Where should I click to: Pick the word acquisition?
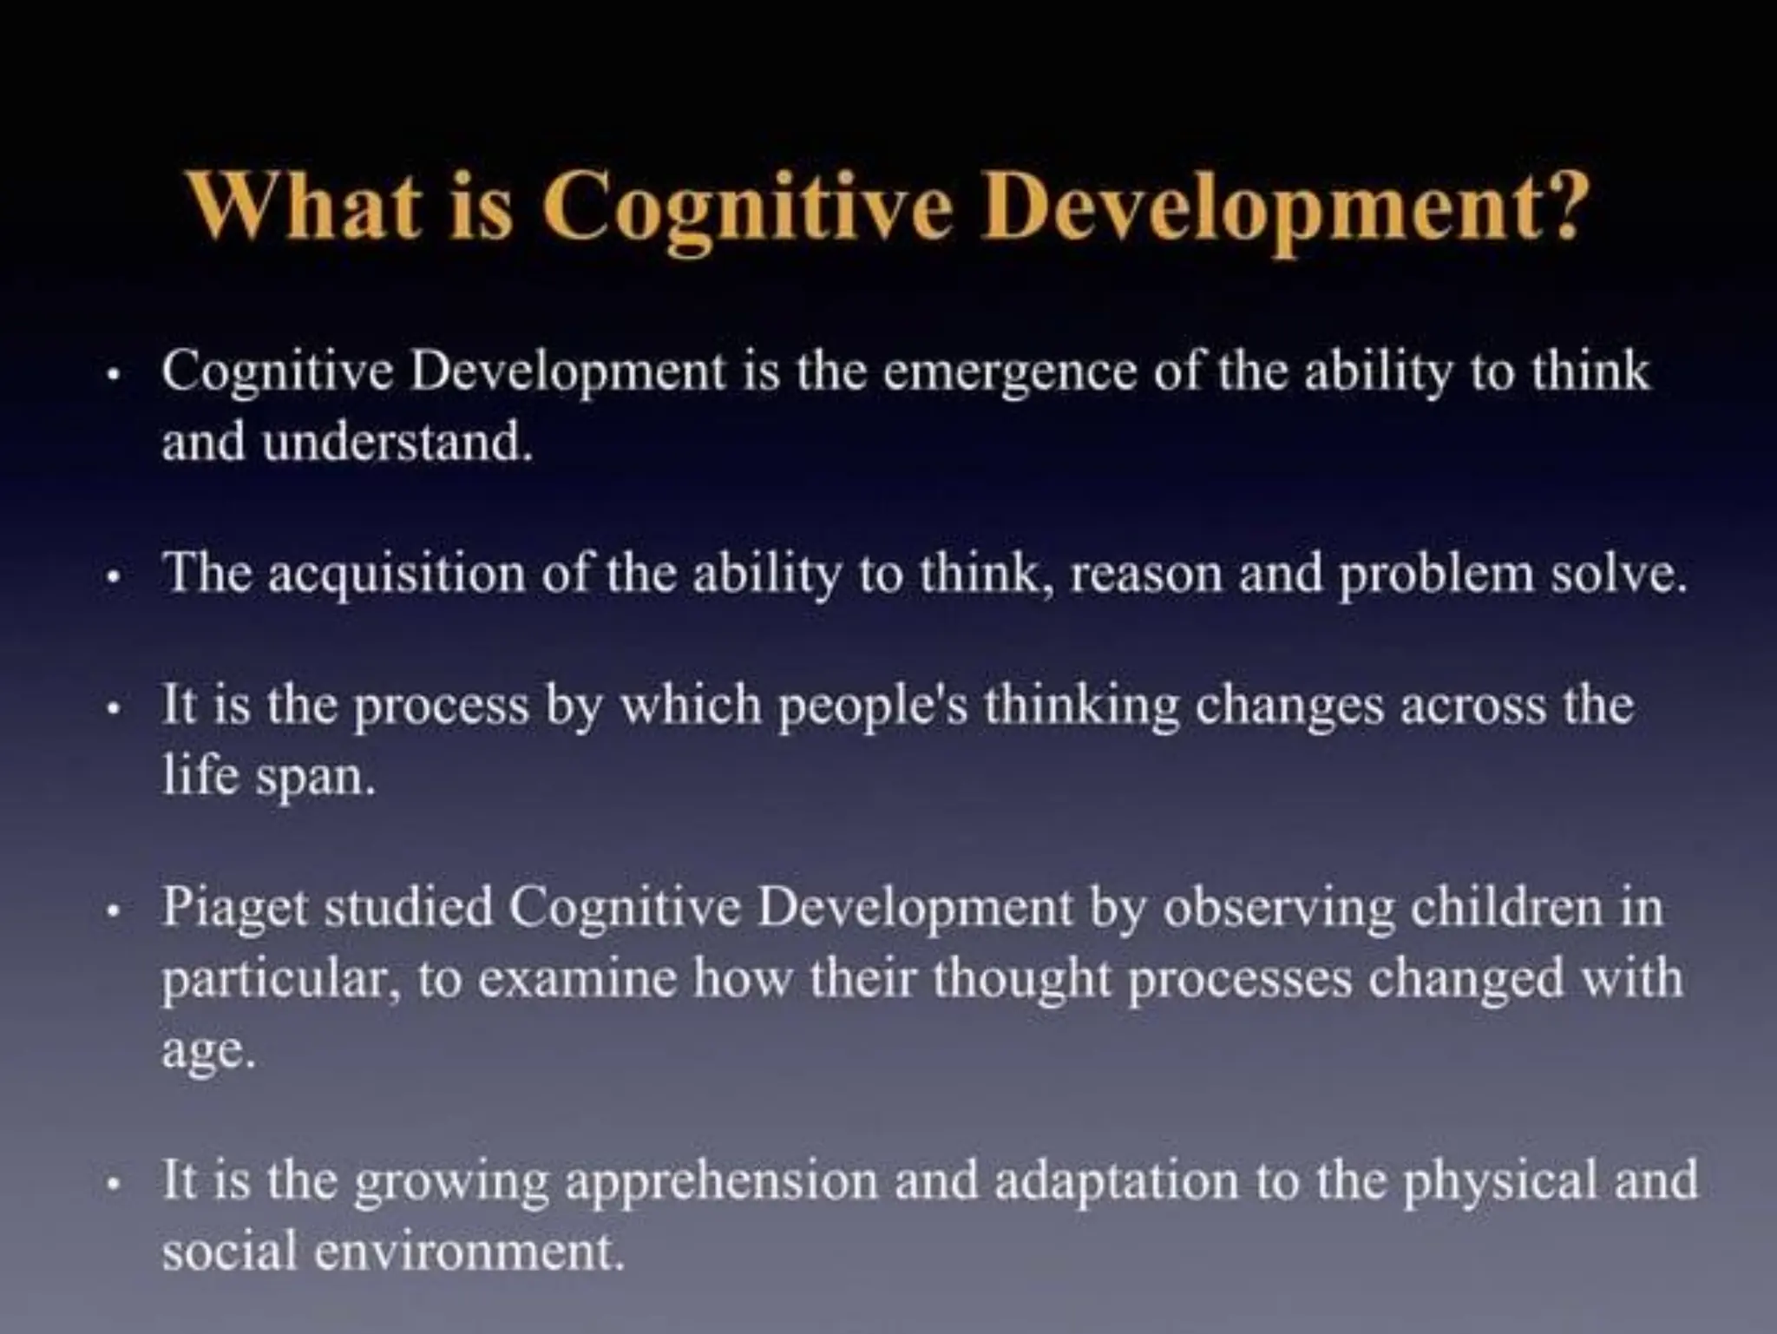[x=396, y=575]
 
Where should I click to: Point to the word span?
[x=316, y=779]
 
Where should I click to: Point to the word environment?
[x=468, y=1253]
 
